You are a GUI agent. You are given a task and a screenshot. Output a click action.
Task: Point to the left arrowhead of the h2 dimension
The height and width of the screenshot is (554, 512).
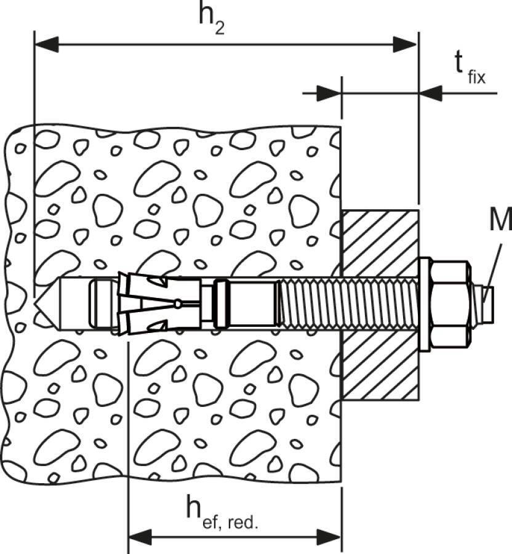point(46,44)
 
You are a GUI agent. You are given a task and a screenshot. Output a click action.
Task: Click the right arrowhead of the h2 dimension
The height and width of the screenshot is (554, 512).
point(406,44)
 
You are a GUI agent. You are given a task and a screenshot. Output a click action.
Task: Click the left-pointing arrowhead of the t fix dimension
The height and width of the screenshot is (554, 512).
point(430,94)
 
